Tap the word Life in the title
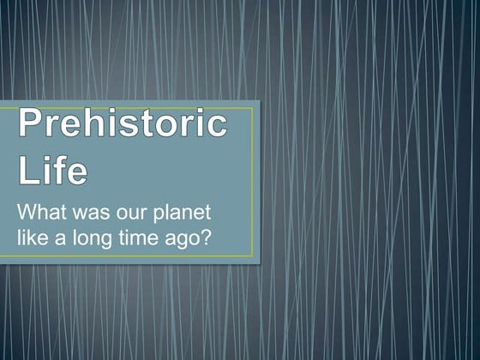coord(52,170)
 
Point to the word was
coord(92,212)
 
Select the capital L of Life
coord(28,170)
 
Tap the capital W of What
coord(28,212)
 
